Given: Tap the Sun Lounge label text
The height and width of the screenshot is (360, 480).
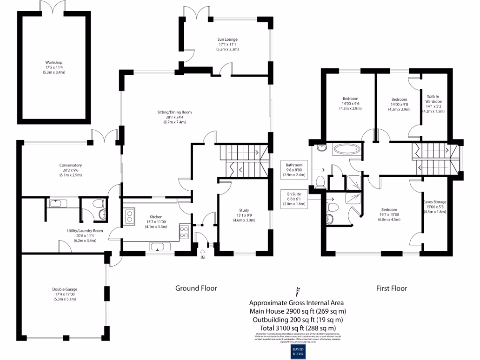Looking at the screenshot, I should (x=227, y=44).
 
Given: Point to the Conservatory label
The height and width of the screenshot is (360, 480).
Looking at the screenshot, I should (x=71, y=170).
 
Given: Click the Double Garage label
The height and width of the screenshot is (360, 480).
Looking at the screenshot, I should (x=65, y=294).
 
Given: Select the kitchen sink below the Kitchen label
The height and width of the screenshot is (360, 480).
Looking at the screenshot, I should (x=157, y=247).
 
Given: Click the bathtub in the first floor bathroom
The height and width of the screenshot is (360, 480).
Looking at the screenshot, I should (x=347, y=150).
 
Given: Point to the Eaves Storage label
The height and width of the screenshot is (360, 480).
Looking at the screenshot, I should (x=435, y=207).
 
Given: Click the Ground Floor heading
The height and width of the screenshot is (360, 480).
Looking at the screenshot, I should (x=196, y=288).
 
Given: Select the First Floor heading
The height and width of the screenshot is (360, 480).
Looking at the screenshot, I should (x=391, y=288).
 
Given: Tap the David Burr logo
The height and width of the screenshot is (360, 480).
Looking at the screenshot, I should (x=298, y=351).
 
